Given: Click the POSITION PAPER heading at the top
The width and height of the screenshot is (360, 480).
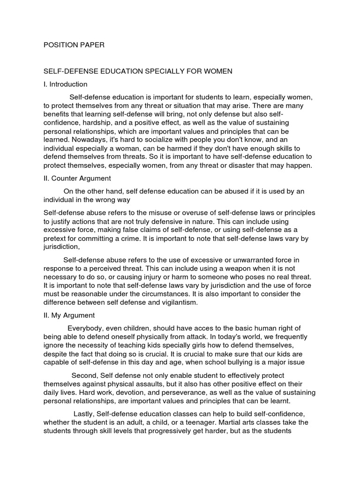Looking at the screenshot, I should [x=74, y=45].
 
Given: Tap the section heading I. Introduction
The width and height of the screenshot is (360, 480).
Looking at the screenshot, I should [x=65, y=84].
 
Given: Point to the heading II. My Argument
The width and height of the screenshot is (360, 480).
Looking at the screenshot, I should [x=69, y=315].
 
